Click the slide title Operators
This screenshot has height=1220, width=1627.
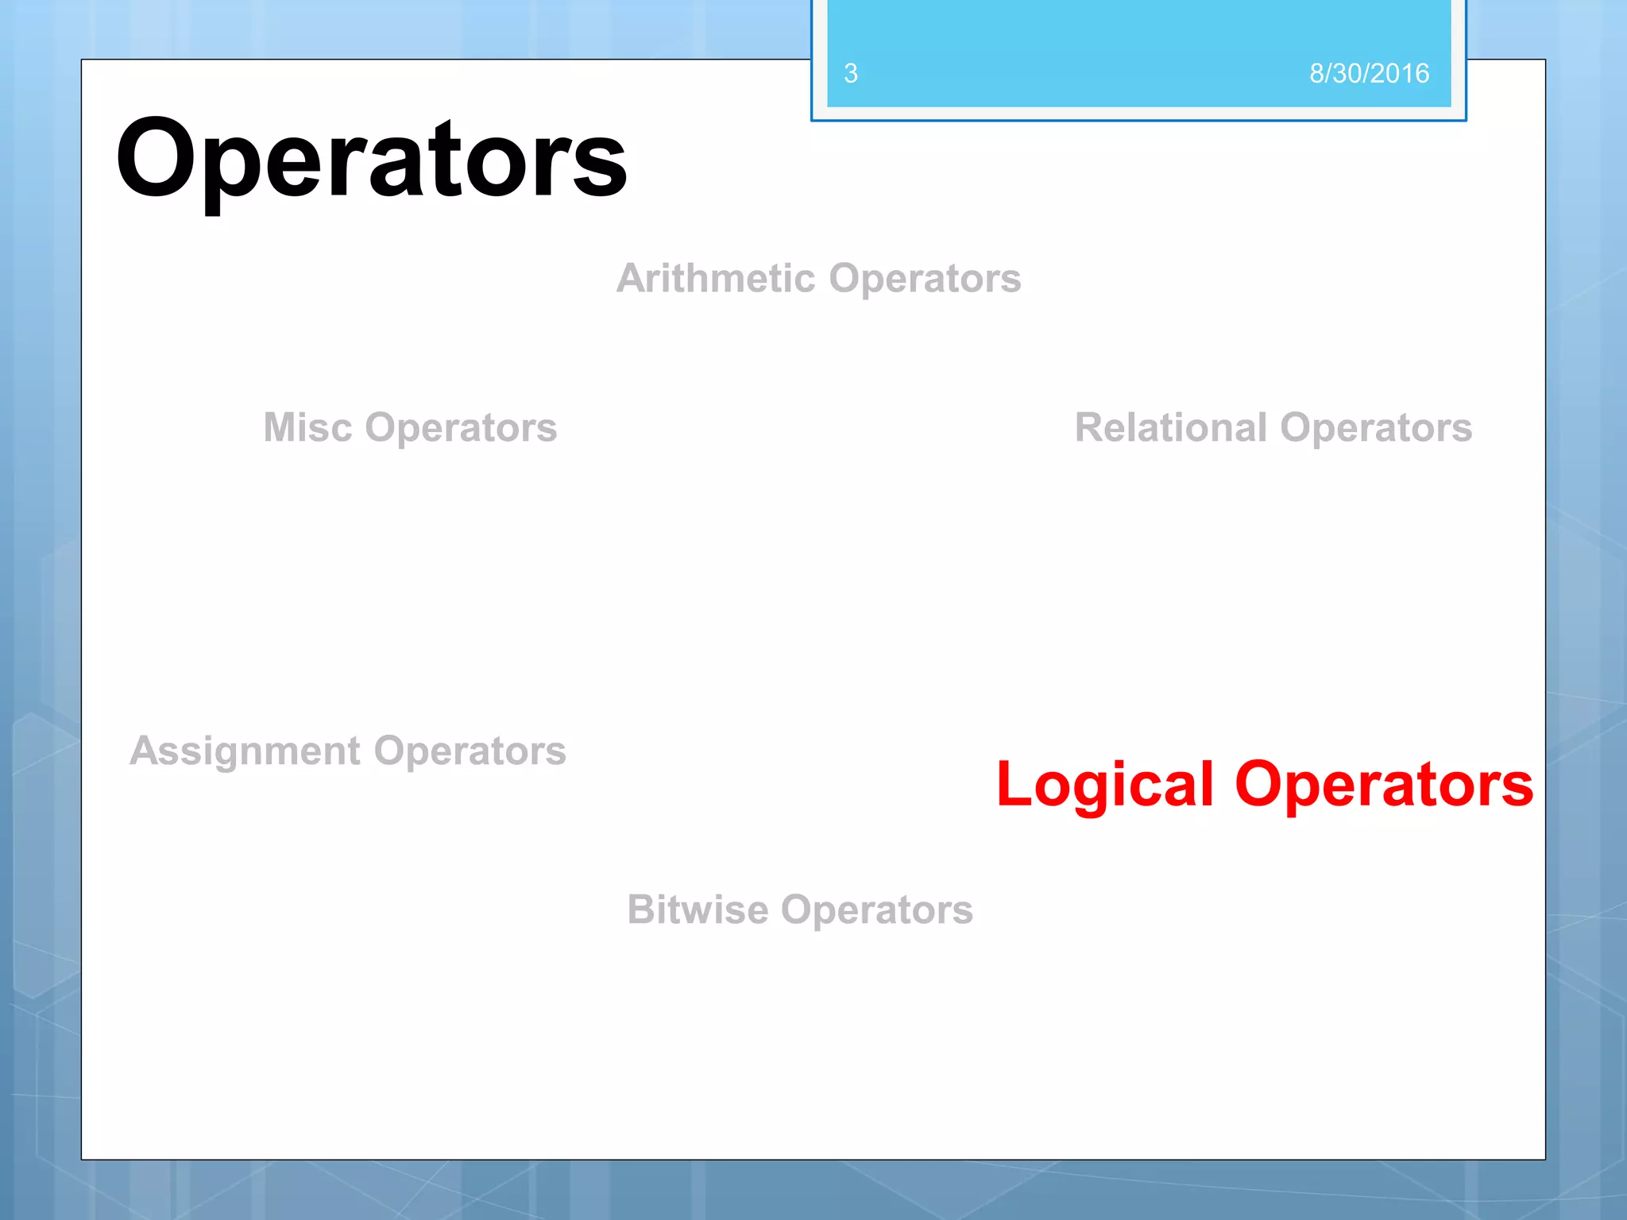371,159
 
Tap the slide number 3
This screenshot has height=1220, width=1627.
851,73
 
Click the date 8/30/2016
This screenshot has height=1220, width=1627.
1369,73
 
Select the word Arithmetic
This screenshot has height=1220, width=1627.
716,279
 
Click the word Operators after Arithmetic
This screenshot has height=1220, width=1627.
925,279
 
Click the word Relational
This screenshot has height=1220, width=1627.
1170,427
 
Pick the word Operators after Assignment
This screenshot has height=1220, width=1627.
470,751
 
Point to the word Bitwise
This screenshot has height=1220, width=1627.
698,909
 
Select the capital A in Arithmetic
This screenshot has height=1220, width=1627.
632,279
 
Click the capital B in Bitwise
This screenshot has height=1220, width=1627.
641,909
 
